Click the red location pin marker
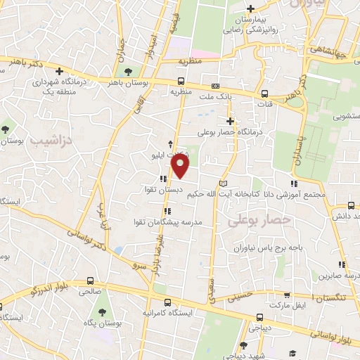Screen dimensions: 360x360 tap(181, 167)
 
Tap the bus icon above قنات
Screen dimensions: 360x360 tap(264, 93)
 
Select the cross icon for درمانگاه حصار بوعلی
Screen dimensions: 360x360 tap(230, 120)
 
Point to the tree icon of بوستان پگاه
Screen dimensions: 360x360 tap(103, 311)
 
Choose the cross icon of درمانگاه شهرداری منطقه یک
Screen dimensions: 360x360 tap(60, 71)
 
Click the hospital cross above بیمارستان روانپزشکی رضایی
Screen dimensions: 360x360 tap(250, 8)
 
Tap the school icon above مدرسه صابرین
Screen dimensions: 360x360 tap(342, 265)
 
